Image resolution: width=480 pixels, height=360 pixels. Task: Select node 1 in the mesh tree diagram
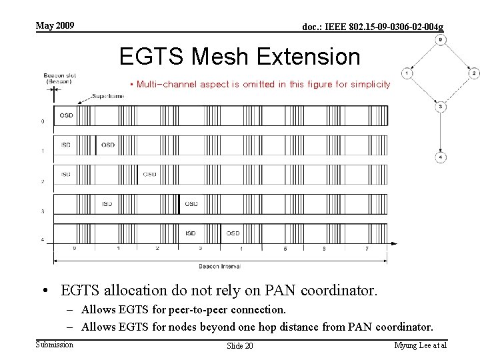click(406, 73)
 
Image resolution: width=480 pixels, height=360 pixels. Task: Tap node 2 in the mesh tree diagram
click(473, 73)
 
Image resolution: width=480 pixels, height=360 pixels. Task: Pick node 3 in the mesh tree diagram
click(440, 106)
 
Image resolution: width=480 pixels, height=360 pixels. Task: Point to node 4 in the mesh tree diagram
click(440, 157)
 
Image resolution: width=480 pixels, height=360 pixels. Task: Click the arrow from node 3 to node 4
click(440, 132)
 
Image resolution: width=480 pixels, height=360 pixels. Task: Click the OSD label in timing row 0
click(66, 115)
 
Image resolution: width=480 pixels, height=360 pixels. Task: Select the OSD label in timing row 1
click(107, 144)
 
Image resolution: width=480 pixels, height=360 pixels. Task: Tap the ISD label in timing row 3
click(107, 203)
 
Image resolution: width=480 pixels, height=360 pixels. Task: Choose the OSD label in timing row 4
click(233, 233)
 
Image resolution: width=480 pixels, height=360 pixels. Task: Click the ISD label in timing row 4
click(191, 233)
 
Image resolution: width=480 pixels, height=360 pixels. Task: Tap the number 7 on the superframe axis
click(366, 248)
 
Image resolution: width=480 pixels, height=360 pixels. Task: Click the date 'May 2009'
click(55, 26)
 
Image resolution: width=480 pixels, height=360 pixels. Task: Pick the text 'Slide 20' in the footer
click(240, 345)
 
